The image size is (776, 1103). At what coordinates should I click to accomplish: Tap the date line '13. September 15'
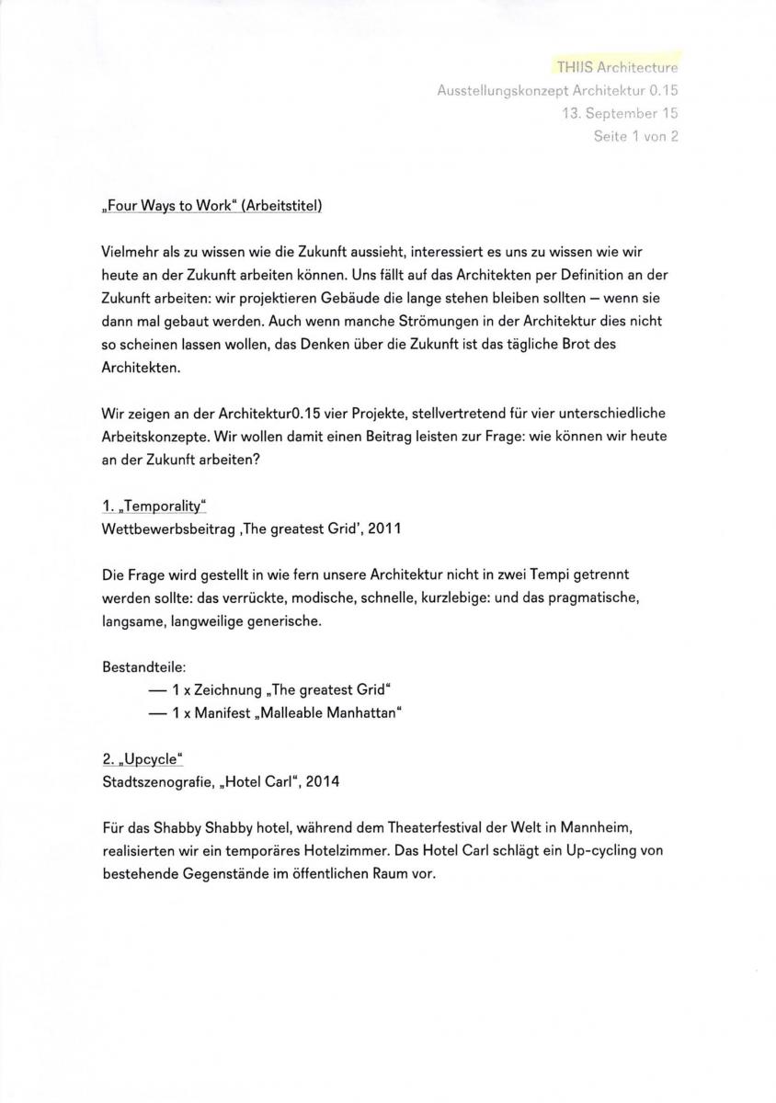(x=621, y=114)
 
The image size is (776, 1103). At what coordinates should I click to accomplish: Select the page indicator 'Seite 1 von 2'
(x=635, y=137)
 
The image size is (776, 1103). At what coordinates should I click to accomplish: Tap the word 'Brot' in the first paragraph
(x=574, y=344)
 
